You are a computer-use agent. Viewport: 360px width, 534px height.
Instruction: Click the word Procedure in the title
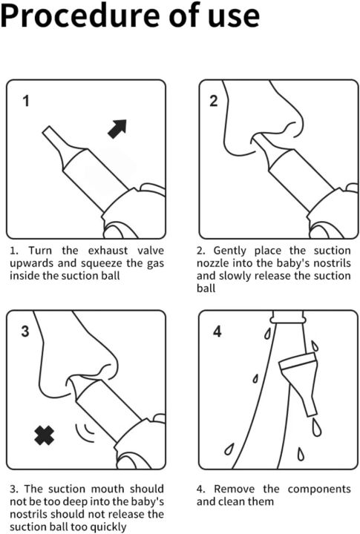79,16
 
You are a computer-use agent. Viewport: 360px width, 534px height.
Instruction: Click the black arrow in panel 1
117,129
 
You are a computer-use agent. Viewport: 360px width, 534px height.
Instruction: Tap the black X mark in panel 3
45,435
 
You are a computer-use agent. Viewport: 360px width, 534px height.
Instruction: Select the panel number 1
26,101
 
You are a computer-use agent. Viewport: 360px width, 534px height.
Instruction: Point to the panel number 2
214,101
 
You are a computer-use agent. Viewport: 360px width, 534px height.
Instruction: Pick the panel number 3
25,331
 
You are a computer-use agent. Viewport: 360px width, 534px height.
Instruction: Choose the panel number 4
217,331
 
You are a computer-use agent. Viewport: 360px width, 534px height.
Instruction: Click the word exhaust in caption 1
108,251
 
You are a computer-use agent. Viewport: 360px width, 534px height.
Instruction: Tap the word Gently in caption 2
230,251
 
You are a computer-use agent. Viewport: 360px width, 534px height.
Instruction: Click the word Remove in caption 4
234,489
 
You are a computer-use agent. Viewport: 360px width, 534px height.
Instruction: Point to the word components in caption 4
319,489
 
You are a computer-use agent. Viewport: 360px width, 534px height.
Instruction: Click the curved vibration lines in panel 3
85,432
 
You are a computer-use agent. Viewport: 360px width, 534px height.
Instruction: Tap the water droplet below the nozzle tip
316,427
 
